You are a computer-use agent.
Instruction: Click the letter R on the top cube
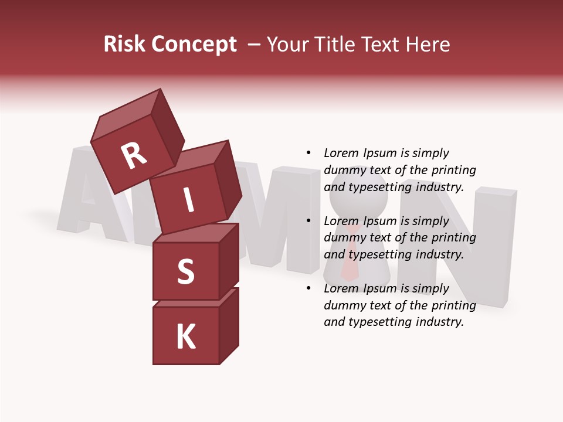[134, 155]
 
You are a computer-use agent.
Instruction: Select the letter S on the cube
[185, 271]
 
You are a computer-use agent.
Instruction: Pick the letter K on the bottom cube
[185, 336]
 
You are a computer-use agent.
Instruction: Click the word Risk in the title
[124, 44]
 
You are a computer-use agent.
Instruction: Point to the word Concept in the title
[194, 45]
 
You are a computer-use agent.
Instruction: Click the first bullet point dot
[308, 154]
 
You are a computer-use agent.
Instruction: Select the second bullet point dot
[308, 221]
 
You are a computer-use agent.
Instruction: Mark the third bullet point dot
[308, 288]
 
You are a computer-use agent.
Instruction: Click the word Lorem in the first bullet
[341, 153]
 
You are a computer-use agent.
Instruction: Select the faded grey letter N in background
[481, 246]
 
